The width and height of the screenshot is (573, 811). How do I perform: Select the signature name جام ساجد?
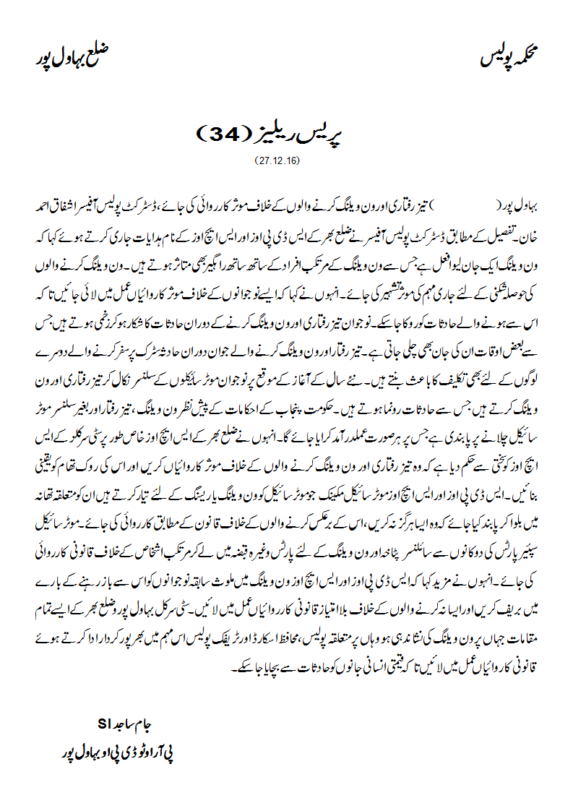tap(136, 724)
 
